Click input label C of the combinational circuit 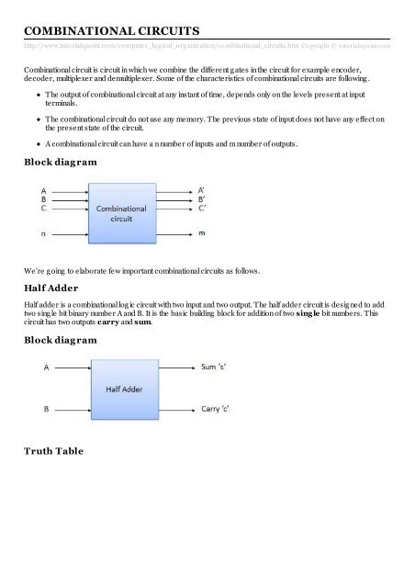[43, 209]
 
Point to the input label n [42, 233]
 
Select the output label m [202, 233]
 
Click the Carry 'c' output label [220, 409]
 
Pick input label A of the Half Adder [47, 367]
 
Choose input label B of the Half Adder [47, 409]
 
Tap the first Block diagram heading [64, 163]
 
